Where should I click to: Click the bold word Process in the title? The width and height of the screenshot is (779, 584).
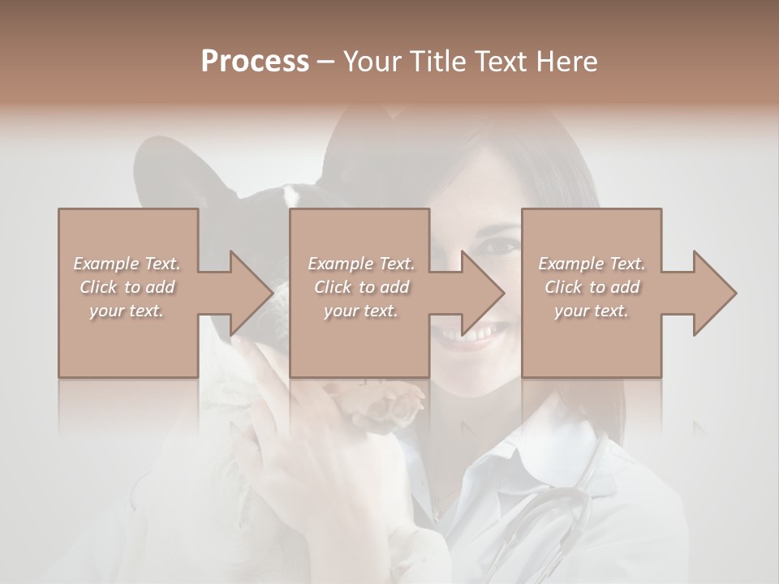pyautogui.click(x=255, y=62)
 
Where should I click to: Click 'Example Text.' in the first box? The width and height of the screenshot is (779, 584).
pyautogui.click(x=127, y=264)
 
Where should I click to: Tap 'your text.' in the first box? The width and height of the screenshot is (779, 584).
pyautogui.click(x=127, y=311)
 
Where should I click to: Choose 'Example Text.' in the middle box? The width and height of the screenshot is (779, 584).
pyautogui.click(x=361, y=264)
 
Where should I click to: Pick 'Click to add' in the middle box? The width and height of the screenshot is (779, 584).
pyautogui.click(x=361, y=287)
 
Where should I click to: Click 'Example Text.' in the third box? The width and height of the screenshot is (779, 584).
pyautogui.click(x=592, y=264)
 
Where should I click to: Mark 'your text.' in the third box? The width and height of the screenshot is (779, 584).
pyautogui.click(x=592, y=311)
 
